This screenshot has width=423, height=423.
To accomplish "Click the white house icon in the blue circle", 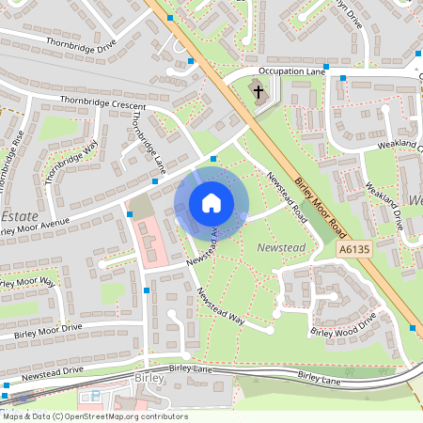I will tap(211, 202).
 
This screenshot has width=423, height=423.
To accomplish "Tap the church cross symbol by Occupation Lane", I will tap(258, 91).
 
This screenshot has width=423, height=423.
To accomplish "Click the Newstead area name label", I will tap(276, 246).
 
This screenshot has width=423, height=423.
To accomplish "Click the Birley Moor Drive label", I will tap(47, 332).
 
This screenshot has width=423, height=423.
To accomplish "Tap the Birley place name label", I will tap(149, 379).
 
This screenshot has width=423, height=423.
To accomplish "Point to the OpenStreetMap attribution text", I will tap(94, 416).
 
